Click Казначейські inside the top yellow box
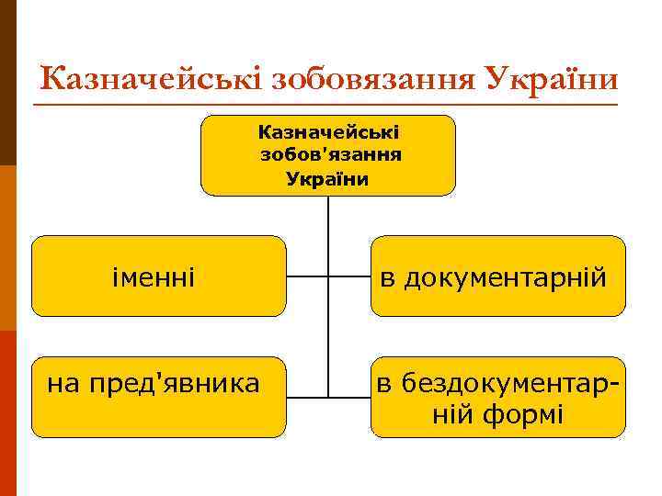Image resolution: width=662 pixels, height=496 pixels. [x=328, y=134]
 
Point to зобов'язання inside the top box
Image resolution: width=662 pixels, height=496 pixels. [x=328, y=156]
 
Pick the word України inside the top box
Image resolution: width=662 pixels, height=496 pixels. [x=328, y=178]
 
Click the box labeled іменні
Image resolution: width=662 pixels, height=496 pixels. [x=159, y=276]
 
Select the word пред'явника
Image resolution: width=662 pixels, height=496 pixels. [x=175, y=380]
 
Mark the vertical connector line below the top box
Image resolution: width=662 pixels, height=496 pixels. [x=328, y=230]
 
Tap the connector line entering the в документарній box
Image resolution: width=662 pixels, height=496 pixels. [x=349, y=276]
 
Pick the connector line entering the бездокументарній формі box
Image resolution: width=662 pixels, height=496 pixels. [x=349, y=397]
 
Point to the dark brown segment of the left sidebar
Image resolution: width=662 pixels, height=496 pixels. [x=7, y=83]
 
